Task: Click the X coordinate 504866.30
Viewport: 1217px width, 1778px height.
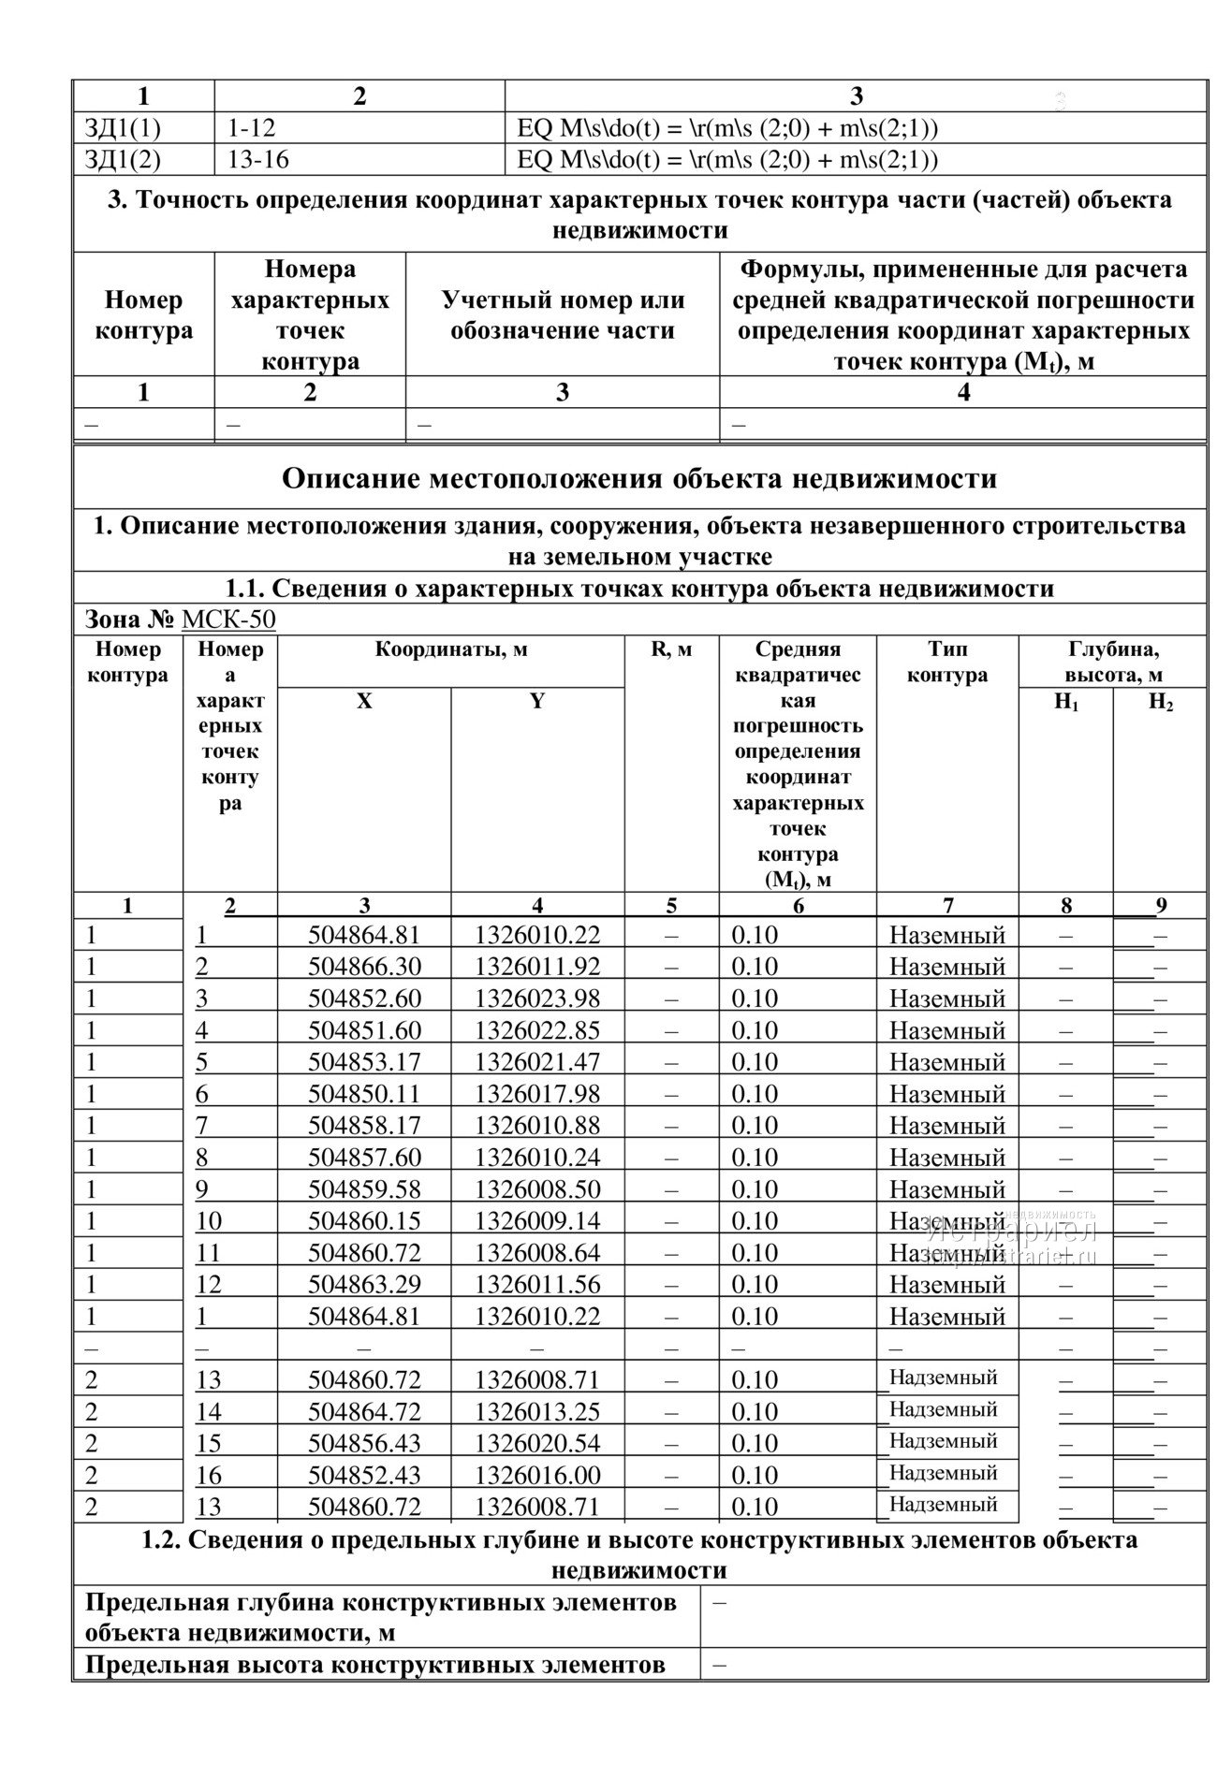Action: (x=364, y=967)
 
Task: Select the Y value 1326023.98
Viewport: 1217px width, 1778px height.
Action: (x=536, y=998)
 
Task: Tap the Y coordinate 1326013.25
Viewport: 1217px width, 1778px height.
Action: (x=536, y=1411)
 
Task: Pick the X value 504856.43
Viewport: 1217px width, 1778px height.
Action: (x=364, y=1443)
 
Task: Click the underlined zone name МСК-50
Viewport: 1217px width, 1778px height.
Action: (x=228, y=619)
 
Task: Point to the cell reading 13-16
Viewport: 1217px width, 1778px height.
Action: (x=258, y=160)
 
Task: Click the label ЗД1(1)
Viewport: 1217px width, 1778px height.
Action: (x=123, y=128)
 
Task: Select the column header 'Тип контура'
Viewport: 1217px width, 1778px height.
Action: (x=947, y=662)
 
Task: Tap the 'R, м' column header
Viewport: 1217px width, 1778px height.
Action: (x=671, y=649)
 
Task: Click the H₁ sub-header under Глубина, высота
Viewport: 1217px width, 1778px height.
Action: (x=1065, y=703)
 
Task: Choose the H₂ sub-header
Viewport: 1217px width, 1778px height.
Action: (x=1160, y=703)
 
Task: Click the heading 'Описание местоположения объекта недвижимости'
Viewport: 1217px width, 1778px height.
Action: (x=639, y=479)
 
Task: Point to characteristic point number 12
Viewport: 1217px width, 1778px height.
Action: (x=209, y=1285)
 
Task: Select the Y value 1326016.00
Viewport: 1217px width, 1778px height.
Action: (x=536, y=1475)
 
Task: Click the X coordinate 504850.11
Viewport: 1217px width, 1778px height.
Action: (x=364, y=1094)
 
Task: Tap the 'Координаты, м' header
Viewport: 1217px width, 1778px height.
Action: (x=451, y=649)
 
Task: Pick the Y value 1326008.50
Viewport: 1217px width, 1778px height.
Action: (x=536, y=1189)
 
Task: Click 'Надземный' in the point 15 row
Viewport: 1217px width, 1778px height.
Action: (x=943, y=1441)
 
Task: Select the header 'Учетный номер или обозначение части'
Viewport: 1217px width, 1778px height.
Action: (x=563, y=315)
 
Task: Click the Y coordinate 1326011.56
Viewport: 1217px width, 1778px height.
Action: (x=536, y=1285)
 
